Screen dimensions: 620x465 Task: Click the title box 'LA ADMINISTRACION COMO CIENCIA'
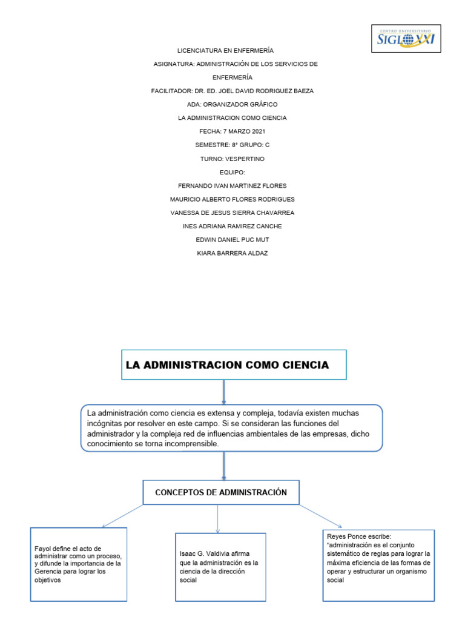tap(234, 365)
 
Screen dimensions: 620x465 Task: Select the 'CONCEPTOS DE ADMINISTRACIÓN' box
tap(220, 493)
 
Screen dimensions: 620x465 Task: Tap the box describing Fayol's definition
tap(79, 564)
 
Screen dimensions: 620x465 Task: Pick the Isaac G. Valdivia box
tap(220, 567)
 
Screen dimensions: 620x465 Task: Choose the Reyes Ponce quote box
tap(378, 564)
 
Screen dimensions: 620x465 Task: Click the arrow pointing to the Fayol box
tap(122, 516)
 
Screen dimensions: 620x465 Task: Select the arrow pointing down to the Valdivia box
tap(218, 519)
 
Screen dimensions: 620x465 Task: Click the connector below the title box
tap(224, 392)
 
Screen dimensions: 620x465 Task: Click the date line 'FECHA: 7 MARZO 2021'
tap(232, 131)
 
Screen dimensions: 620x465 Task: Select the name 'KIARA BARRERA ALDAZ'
tap(232, 253)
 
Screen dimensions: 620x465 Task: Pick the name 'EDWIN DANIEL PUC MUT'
tap(232, 240)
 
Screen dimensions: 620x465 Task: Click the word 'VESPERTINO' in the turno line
tap(245, 159)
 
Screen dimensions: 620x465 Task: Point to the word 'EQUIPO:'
tap(232, 172)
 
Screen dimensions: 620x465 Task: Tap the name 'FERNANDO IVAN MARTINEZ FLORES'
tap(232, 185)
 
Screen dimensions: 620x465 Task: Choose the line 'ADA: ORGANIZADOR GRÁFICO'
tap(232, 104)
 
